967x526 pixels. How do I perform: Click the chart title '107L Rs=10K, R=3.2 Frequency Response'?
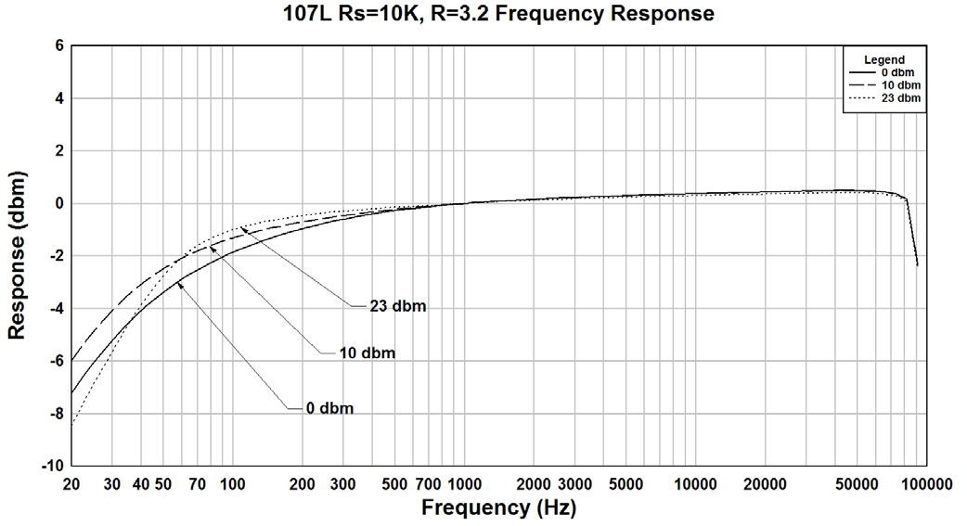(498, 14)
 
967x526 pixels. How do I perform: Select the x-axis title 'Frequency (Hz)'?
(498, 507)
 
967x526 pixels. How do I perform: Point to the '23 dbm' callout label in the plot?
(397, 305)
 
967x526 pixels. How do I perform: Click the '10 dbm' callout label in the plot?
(367, 353)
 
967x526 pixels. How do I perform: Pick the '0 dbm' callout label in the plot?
(329, 407)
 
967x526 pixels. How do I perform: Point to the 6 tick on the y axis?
(58, 45)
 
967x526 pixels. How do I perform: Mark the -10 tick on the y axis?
(52, 465)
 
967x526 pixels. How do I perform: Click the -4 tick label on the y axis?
(55, 308)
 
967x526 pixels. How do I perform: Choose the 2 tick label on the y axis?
(58, 150)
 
